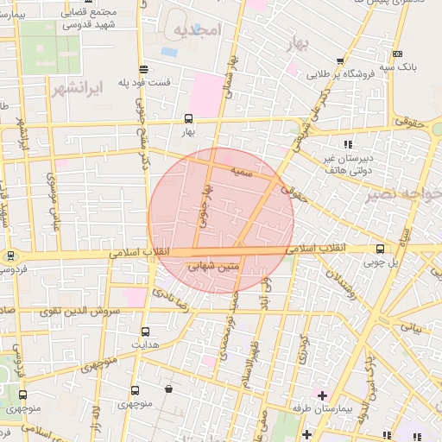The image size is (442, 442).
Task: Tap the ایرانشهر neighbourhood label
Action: tap(77, 88)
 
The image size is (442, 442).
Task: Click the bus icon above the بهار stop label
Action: tap(188, 119)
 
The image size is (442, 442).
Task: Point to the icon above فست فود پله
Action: tap(143, 70)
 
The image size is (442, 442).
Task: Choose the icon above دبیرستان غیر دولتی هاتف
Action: tap(348, 144)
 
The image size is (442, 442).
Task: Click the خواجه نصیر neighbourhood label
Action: tap(403, 193)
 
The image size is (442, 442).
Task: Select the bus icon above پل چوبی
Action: tap(380, 249)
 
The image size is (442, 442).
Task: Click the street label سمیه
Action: tap(242, 173)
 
